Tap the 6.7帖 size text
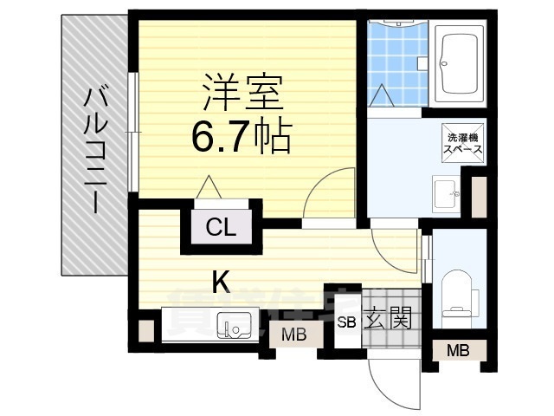click(x=241, y=136)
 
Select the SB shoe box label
click(x=346, y=322)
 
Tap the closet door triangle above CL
click(x=208, y=187)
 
